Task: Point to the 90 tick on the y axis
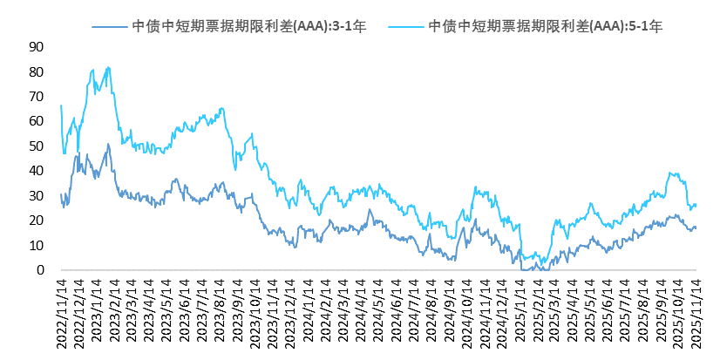click(x=36, y=46)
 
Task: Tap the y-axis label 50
click(x=36, y=146)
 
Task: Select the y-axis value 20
click(x=36, y=221)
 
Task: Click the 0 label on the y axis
click(x=39, y=270)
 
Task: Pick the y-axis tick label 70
click(x=36, y=96)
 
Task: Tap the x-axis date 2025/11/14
click(x=696, y=315)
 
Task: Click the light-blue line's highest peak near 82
click(x=107, y=67)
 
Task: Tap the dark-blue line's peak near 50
click(x=108, y=144)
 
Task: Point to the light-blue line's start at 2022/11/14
click(x=60, y=105)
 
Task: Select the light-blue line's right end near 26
click(x=696, y=205)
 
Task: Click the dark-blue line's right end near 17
click(x=696, y=228)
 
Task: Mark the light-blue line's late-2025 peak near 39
click(x=669, y=173)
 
